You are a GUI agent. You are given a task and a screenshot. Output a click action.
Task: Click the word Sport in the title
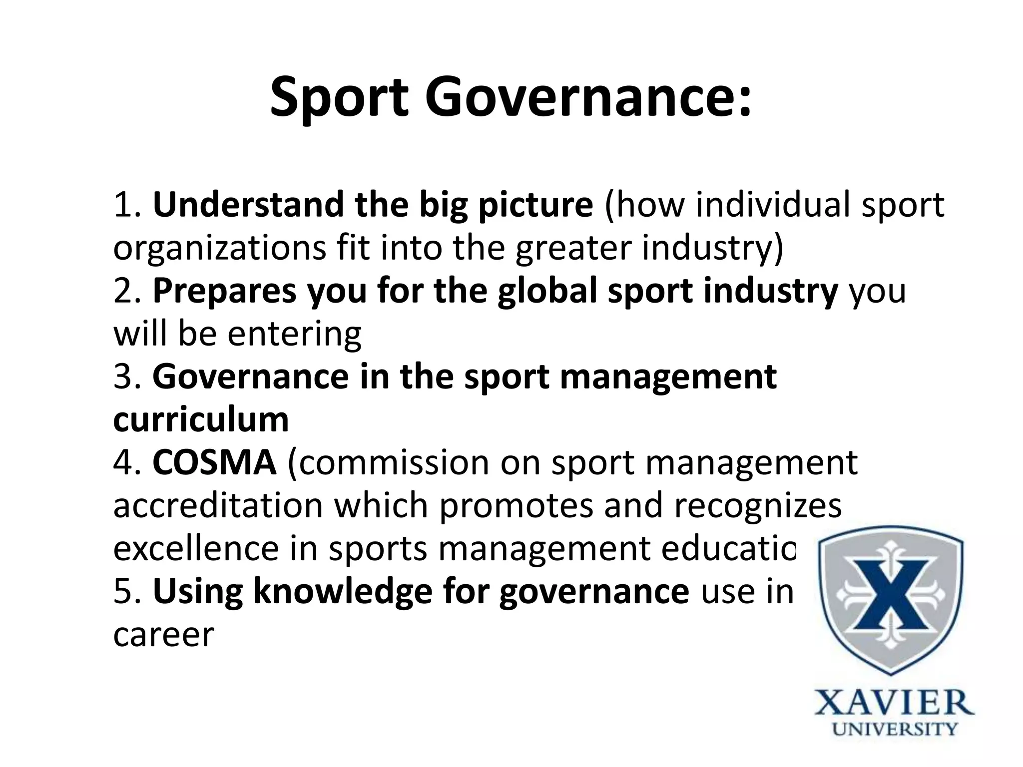tap(340, 97)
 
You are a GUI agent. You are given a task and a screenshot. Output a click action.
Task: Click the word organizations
tap(219, 249)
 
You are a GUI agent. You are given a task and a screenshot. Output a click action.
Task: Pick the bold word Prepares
tap(225, 292)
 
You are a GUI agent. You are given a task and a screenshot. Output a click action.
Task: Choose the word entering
tap(295, 335)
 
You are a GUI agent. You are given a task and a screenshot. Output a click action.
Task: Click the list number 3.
tap(124, 377)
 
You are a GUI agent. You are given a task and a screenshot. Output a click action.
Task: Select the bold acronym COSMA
tap(214, 462)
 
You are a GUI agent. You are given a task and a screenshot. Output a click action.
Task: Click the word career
tap(163, 635)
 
